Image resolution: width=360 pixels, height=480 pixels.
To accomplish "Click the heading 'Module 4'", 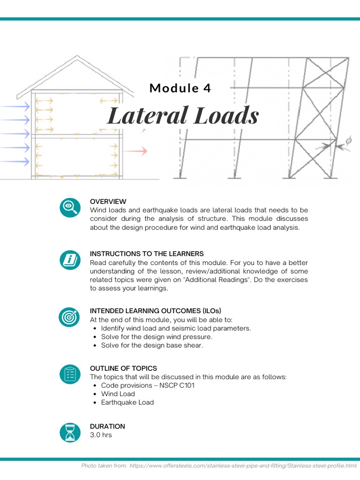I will tap(180, 88).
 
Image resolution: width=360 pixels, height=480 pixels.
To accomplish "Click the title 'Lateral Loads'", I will tap(183, 115).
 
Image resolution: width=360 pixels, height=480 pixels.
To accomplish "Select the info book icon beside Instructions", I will tap(70, 260).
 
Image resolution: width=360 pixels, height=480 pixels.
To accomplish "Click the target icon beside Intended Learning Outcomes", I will tap(70, 317).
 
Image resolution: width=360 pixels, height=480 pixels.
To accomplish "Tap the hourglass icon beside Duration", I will tap(70, 432).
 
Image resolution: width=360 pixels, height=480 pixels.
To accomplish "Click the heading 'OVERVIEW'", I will tap(108, 202).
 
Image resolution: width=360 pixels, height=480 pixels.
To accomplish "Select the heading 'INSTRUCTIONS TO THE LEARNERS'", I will tap(147, 254).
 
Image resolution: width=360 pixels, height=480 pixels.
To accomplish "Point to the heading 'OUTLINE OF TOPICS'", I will tap(123, 368).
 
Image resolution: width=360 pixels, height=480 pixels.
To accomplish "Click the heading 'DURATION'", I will tap(107, 426).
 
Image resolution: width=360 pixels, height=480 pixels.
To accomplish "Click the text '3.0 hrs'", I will tap(101, 435).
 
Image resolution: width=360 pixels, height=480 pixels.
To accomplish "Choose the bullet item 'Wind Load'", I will tap(118, 394).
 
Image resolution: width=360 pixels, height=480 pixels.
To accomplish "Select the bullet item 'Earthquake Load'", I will tap(127, 402).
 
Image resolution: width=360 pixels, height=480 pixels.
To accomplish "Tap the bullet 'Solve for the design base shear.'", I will tap(152, 345).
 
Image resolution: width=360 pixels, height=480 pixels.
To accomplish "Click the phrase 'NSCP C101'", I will tap(177, 385).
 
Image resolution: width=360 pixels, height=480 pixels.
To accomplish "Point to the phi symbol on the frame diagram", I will tap(348, 140).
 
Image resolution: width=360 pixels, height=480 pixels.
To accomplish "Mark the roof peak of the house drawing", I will tap(77, 57).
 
